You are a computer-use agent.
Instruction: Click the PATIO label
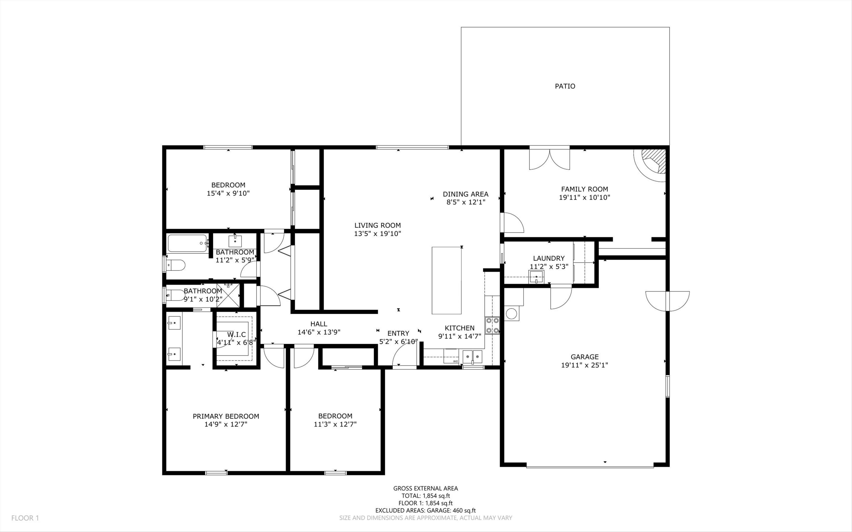(x=565, y=86)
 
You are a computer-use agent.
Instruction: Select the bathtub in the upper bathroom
(x=187, y=243)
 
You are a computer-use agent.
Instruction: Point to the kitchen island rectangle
(x=446, y=280)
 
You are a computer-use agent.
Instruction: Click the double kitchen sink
(x=472, y=357)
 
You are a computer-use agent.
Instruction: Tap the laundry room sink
(x=536, y=277)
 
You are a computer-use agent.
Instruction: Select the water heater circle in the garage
(x=511, y=313)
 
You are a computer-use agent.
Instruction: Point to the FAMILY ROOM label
(x=584, y=189)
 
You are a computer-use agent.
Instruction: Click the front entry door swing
(x=405, y=354)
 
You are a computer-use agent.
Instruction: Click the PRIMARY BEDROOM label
(x=226, y=416)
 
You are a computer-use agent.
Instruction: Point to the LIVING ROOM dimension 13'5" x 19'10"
(x=378, y=234)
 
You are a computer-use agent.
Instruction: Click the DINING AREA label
(x=465, y=194)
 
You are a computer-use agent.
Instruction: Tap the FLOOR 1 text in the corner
(x=25, y=518)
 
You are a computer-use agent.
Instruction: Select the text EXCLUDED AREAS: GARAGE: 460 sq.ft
(x=425, y=510)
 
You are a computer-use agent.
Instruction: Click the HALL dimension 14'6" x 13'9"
(x=319, y=332)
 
